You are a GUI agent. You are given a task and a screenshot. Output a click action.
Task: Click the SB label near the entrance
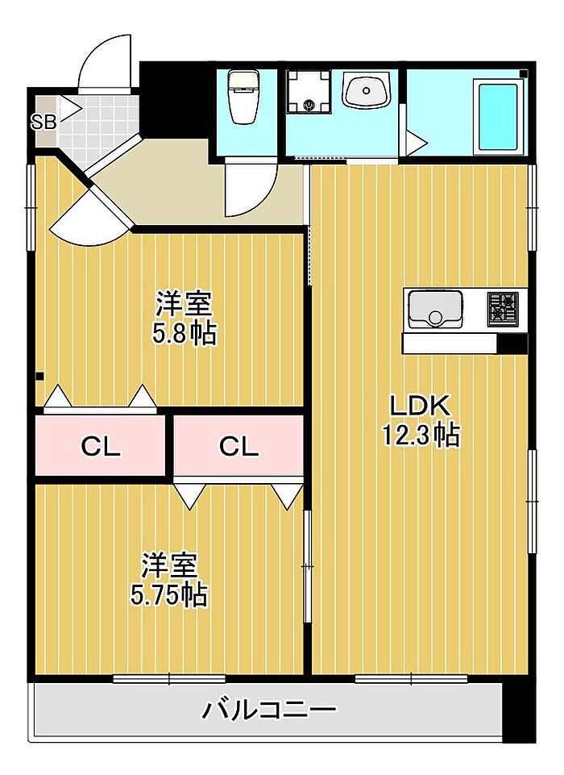44,122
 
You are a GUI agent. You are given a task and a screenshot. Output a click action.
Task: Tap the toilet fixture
243,97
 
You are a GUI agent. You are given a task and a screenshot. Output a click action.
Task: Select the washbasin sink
367,91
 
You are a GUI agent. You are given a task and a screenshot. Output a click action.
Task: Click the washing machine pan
309,91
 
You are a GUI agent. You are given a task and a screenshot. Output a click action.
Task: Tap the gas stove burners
503,309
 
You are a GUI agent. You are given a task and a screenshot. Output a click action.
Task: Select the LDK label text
420,406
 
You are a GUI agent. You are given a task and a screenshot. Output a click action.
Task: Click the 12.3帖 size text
421,435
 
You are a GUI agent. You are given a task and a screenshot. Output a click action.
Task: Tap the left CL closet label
101,447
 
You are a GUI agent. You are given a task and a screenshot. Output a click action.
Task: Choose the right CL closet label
238,447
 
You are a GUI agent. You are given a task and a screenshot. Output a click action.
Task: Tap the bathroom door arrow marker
416,144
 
